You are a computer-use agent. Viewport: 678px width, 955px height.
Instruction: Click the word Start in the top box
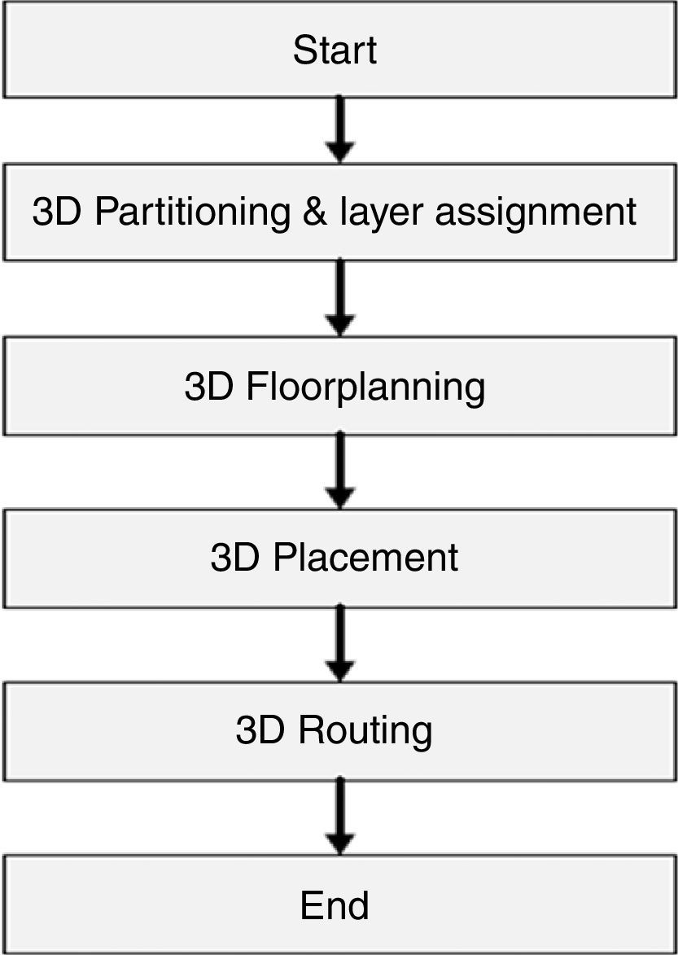click(x=335, y=50)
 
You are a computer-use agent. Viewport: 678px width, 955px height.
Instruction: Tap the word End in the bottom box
click(x=335, y=905)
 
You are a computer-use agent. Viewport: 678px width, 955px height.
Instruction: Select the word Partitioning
click(x=191, y=212)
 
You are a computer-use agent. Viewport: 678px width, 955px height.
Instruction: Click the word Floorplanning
click(x=365, y=388)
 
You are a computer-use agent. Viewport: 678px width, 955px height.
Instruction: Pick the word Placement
click(x=365, y=559)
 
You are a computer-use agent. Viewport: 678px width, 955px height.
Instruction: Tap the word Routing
click(x=365, y=731)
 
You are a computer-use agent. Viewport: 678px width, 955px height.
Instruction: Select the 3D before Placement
click(x=235, y=559)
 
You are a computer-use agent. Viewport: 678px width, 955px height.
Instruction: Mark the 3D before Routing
click(x=261, y=730)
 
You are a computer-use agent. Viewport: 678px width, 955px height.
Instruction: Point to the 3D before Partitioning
click(x=59, y=212)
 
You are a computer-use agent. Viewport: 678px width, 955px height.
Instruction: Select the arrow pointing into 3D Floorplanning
click(x=339, y=297)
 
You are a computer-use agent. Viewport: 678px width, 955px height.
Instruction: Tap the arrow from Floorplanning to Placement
click(x=339, y=471)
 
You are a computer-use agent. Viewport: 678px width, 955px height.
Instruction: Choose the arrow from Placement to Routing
click(x=339, y=643)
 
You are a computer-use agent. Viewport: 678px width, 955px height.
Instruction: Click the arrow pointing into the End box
click(x=339, y=816)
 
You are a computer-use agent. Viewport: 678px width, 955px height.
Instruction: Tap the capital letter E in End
click(x=311, y=905)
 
